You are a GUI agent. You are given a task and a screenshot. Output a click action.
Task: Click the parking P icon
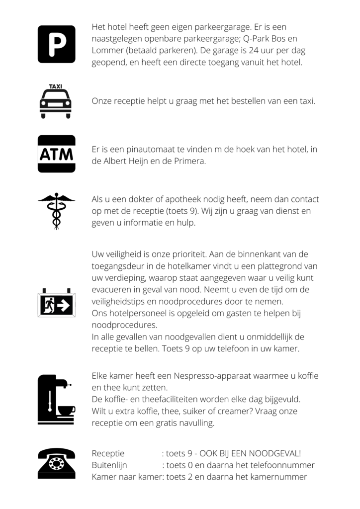point(56,44)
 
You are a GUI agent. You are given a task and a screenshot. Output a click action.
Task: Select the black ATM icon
point(56,154)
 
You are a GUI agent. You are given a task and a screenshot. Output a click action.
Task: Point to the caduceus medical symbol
point(56,211)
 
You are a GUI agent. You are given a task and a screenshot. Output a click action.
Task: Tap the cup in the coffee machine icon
point(66,410)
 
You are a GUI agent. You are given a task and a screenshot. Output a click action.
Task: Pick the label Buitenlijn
point(109,465)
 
